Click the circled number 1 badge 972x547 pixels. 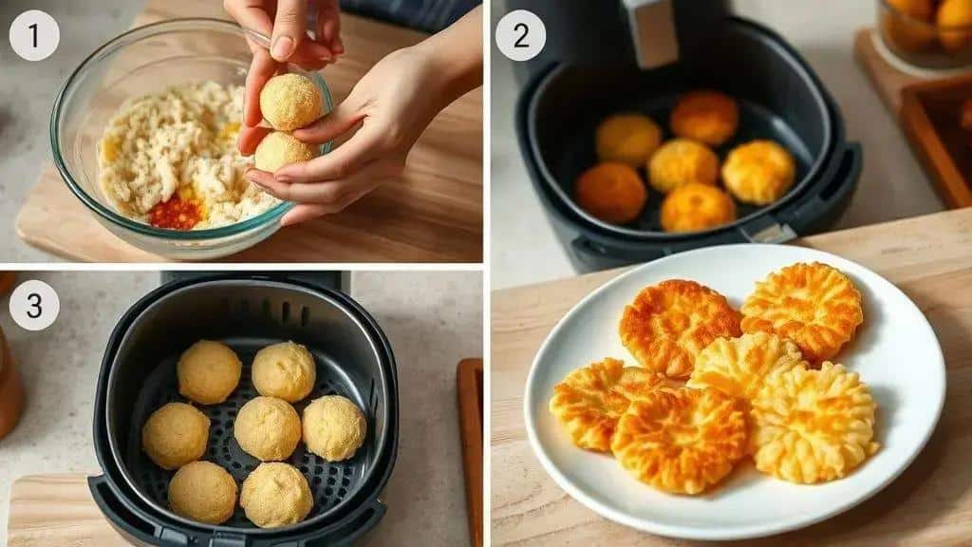click(x=34, y=35)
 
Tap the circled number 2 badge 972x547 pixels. click(x=521, y=35)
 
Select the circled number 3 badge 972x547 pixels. click(x=34, y=305)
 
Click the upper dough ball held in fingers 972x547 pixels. click(x=291, y=102)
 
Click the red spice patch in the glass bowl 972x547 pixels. click(x=176, y=212)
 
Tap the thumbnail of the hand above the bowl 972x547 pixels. click(x=283, y=47)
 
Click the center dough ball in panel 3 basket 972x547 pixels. click(x=268, y=428)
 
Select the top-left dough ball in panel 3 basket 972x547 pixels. click(x=209, y=372)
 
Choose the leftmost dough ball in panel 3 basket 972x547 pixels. click(x=176, y=435)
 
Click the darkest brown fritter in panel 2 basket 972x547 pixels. click(x=610, y=193)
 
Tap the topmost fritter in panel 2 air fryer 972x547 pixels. click(x=704, y=117)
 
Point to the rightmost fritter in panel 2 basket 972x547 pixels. click(x=758, y=172)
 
